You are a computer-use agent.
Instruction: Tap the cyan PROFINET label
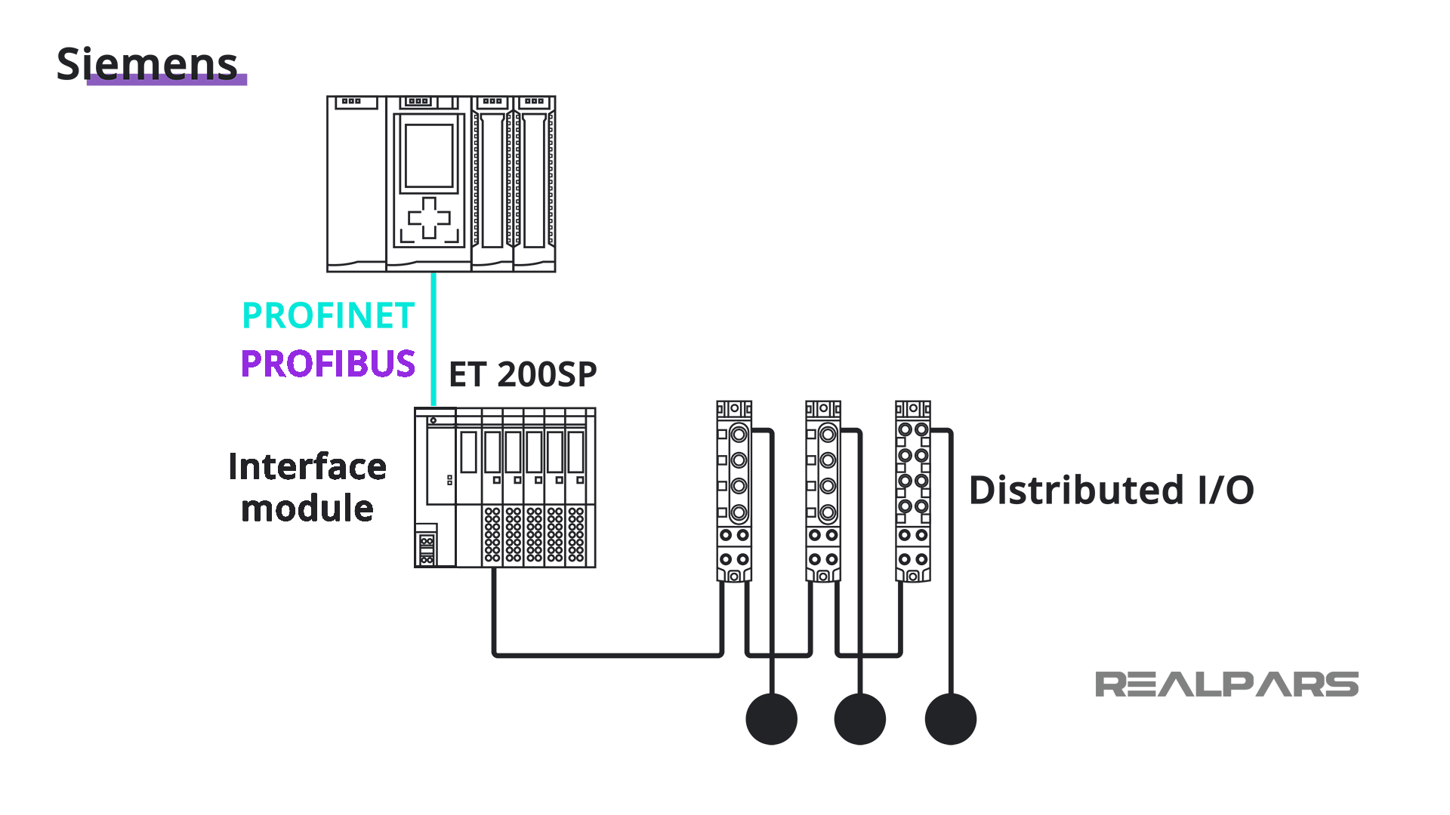[x=328, y=315]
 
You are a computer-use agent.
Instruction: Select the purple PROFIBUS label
[x=328, y=364]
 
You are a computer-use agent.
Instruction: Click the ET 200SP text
[x=523, y=374]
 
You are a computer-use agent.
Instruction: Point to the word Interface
[x=307, y=466]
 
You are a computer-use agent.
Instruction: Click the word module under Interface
[x=307, y=509]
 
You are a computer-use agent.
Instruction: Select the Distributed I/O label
[x=1111, y=491]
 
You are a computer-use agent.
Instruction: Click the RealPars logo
[x=1226, y=684]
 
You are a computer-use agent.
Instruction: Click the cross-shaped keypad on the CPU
[x=429, y=218]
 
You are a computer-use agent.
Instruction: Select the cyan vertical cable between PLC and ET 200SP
[x=433, y=340]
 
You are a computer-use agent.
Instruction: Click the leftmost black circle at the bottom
[x=771, y=719]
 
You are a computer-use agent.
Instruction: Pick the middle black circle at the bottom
[x=860, y=719]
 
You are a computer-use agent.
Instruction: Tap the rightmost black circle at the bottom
[x=950, y=719]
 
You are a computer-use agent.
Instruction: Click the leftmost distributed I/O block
[x=734, y=491]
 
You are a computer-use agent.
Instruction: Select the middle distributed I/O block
[x=823, y=491]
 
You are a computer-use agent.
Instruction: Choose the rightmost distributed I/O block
[x=913, y=491]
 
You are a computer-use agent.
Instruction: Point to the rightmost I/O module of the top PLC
[x=535, y=185]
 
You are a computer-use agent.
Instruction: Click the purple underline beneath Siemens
[x=167, y=81]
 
